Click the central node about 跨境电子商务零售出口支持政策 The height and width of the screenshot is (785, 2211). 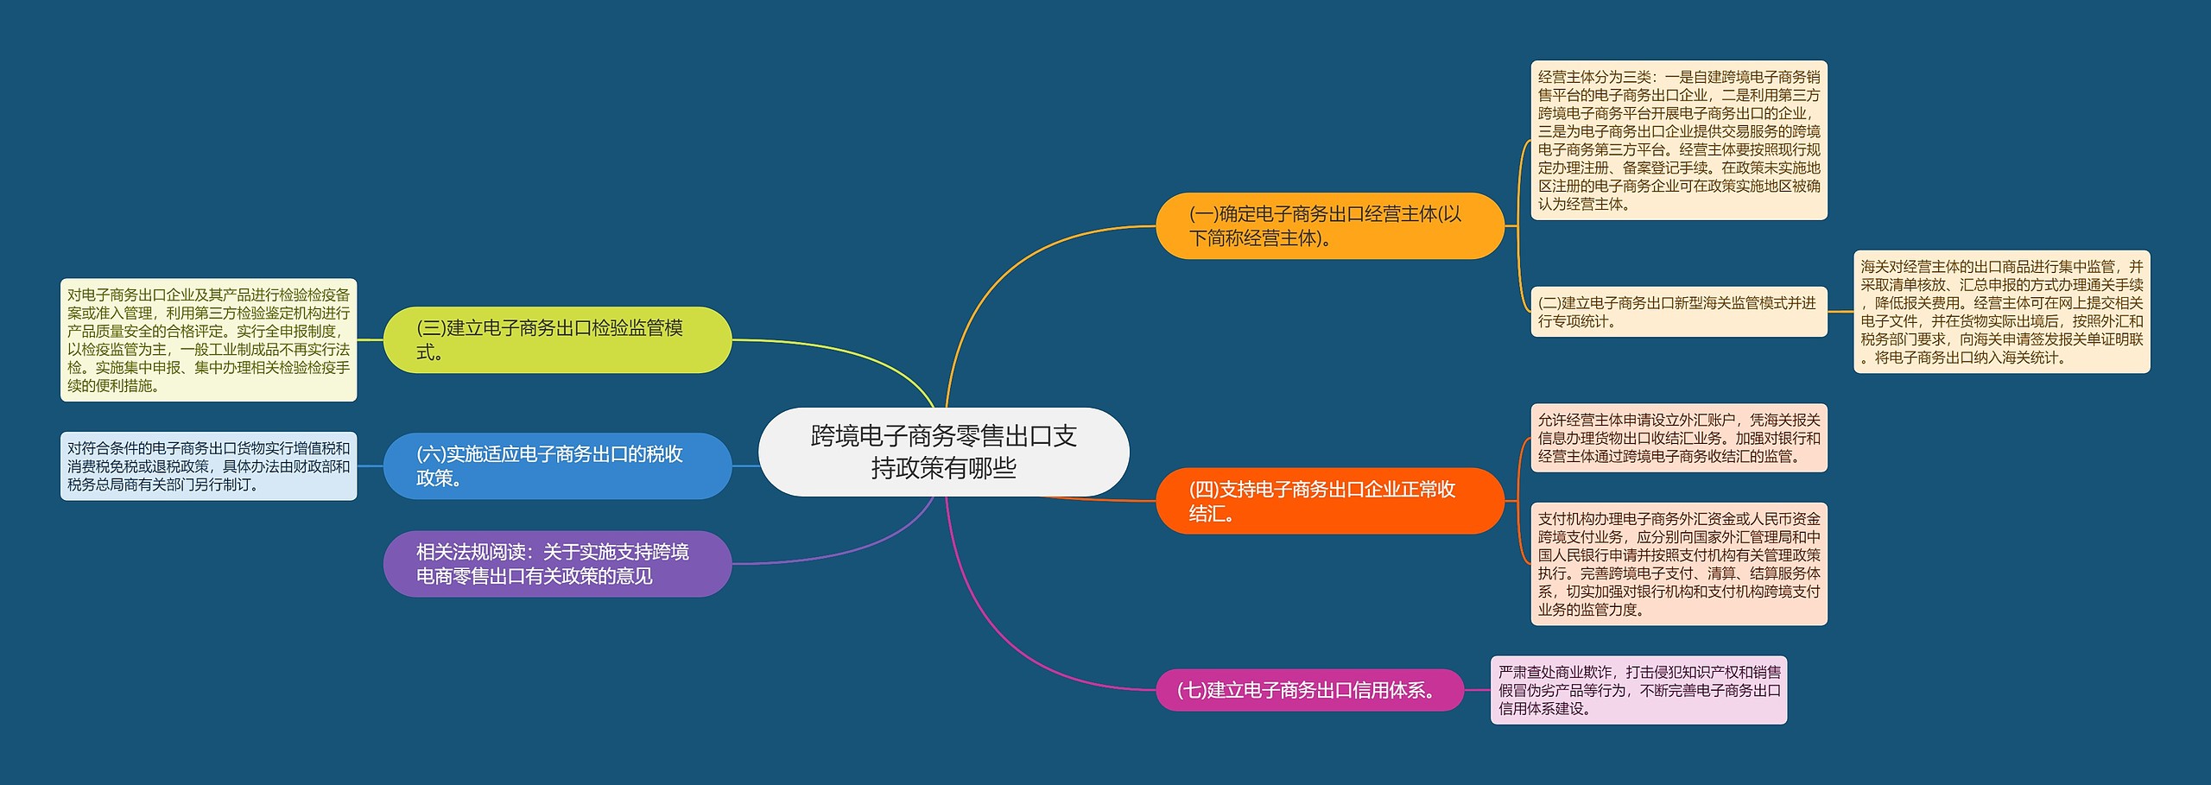click(943, 452)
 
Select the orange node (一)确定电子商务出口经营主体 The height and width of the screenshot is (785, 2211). click(1329, 226)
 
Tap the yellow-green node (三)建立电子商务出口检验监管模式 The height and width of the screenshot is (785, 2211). click(557, 340)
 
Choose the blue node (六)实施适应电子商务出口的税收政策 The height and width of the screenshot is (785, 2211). click(557, 466)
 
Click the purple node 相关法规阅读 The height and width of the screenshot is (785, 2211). click(557, 564)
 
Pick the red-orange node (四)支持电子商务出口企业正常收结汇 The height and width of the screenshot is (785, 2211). click(1329, 501)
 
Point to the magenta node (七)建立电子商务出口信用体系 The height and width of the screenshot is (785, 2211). click(1309, 690)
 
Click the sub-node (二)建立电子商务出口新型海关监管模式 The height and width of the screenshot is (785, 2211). click(1678, 312)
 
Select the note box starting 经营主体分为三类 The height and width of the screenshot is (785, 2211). click(1678, 140)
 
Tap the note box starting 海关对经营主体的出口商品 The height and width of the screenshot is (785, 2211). click(2001, 312)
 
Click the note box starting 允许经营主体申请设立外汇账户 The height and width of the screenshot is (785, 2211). click(1678, 438)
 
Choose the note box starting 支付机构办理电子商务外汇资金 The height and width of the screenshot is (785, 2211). click(1678, 564)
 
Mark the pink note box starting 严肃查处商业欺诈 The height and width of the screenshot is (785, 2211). click(1638, 690)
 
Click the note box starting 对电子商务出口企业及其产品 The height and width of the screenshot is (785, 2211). click(208, 340)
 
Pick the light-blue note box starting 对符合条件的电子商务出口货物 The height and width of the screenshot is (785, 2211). click(208, 466)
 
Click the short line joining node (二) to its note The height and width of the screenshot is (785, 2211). click(1840, 312)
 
